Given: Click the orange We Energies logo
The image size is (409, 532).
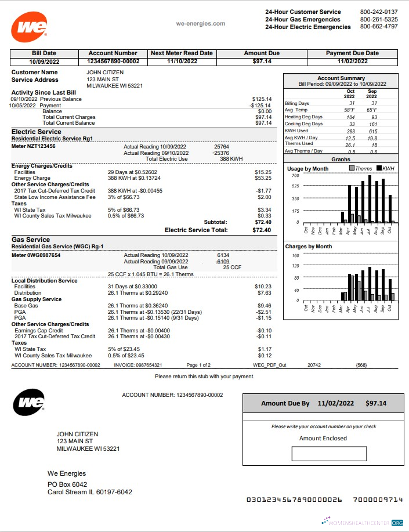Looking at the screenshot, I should tap(28, 27).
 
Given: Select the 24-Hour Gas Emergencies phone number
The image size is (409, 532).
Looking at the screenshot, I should tap(379, 19).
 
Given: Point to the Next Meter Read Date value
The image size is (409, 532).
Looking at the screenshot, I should tap(182, 61).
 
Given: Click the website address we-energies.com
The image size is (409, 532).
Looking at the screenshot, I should tap(200, 24).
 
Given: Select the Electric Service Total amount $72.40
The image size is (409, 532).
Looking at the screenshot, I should tap(262, 230).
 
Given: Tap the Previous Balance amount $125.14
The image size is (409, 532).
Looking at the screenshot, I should tap(262, 99).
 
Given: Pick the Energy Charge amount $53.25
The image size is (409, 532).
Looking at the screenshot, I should tap(263, 178).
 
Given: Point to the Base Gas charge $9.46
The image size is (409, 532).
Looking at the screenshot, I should tap(264, 305).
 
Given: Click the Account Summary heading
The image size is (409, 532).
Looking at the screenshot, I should tap(341, 78).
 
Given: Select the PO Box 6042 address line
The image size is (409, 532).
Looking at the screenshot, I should tap(67, 484).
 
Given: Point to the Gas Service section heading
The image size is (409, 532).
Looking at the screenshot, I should tap(31, 240).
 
